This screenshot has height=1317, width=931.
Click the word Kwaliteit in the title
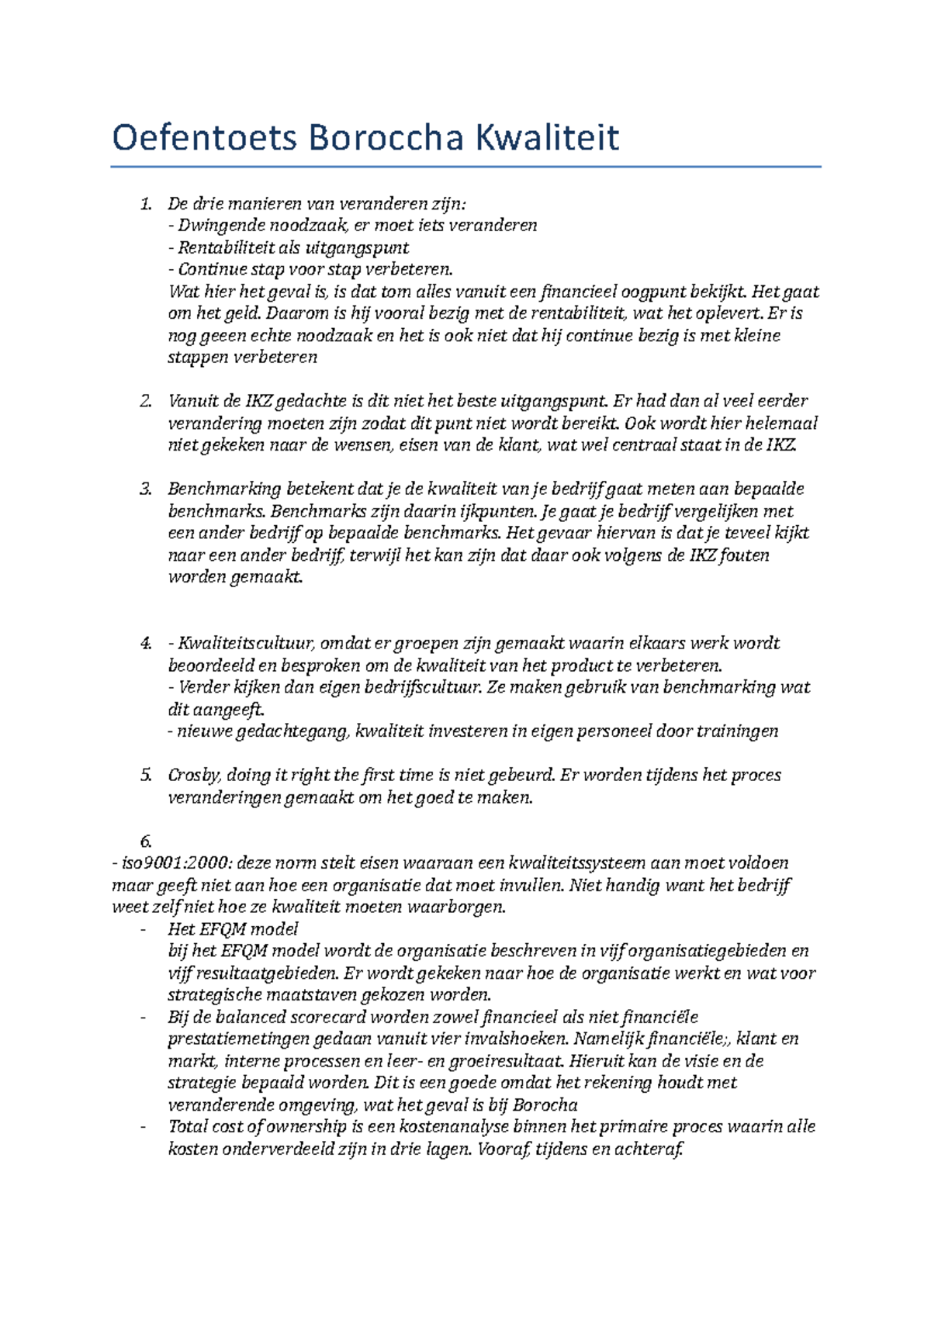(547, 139)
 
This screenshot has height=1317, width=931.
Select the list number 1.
(145, 204)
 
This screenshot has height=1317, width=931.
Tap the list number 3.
(145, 489)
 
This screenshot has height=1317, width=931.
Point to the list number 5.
(145, 776)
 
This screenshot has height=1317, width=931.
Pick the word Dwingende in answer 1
(220, 226)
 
